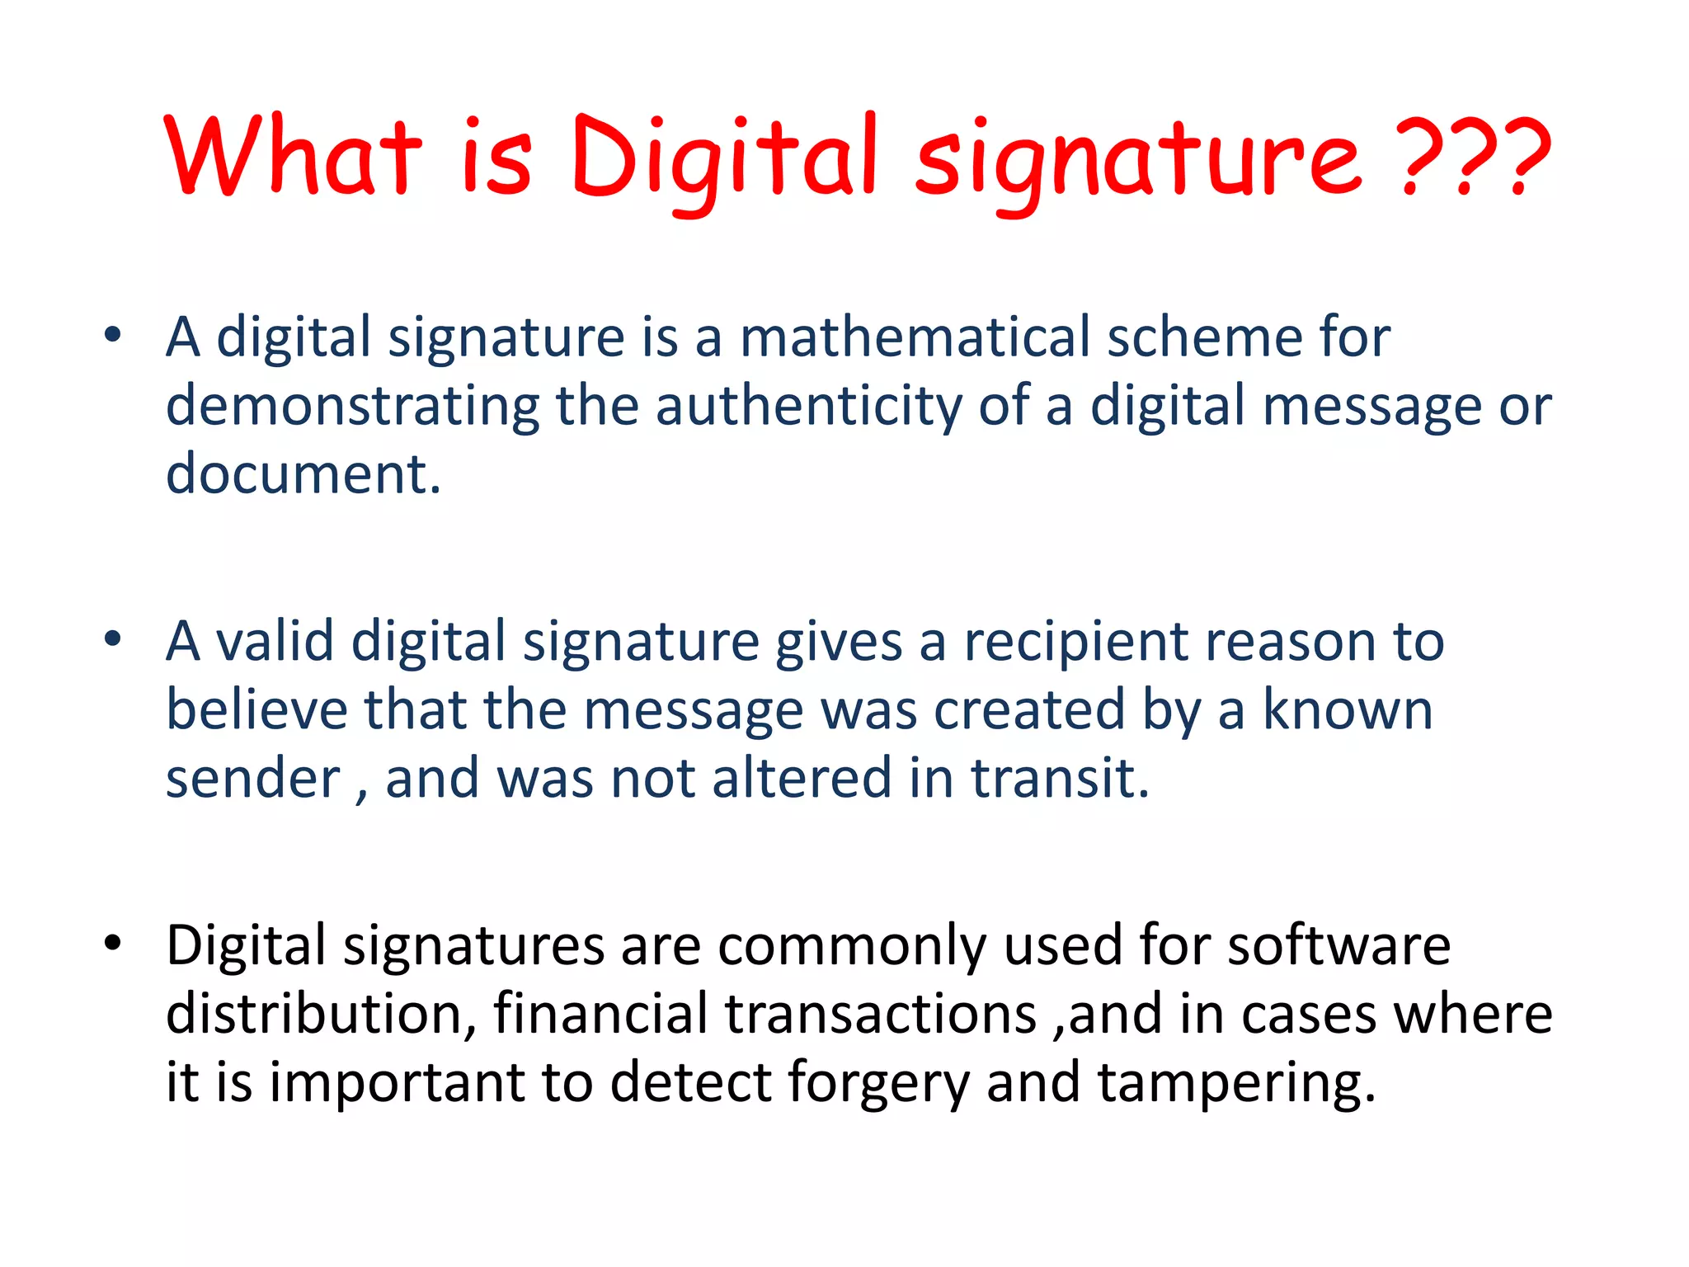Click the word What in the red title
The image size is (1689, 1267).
point(293,157)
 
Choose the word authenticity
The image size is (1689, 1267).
point(808,406)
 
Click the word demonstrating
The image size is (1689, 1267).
point(353,406)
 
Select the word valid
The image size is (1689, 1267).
point(275,641)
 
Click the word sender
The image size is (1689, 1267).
point(252,779)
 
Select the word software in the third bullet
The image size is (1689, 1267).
point(1338,945)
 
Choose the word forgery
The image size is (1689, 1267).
point(878,1084)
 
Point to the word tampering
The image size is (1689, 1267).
point(1228,1084)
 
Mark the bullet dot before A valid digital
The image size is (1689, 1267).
point(113,638)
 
